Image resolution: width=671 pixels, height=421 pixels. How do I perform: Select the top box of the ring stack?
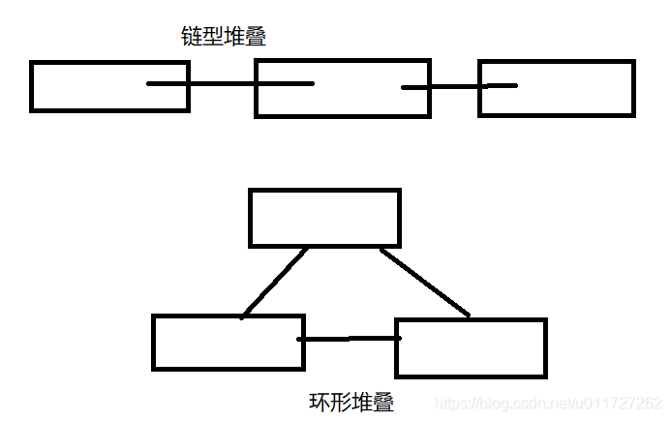coord(324,218)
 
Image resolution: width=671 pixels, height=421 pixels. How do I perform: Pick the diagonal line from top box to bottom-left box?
coord(275,282)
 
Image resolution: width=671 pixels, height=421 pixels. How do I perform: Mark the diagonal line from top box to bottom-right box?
coord(424,282)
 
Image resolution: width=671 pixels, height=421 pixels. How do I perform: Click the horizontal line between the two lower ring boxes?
coord(350,339)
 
